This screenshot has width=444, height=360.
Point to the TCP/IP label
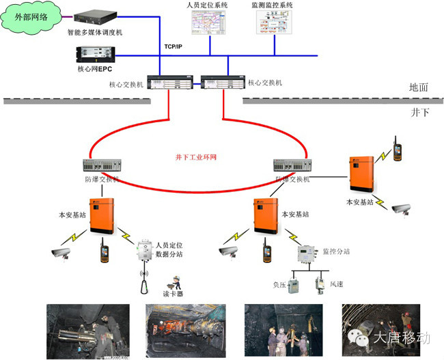click(x=174, y=46)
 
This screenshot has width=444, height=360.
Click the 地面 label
click(x=418, y=87)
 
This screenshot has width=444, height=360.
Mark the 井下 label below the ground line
click(x=419, y=111)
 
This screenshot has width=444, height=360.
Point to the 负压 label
click(x=280, y=283)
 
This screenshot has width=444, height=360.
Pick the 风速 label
click(x=337, y=283)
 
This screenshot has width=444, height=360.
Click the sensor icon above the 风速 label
click(x=318, y=282)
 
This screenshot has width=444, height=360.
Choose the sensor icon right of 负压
click(x=294, y=283)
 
